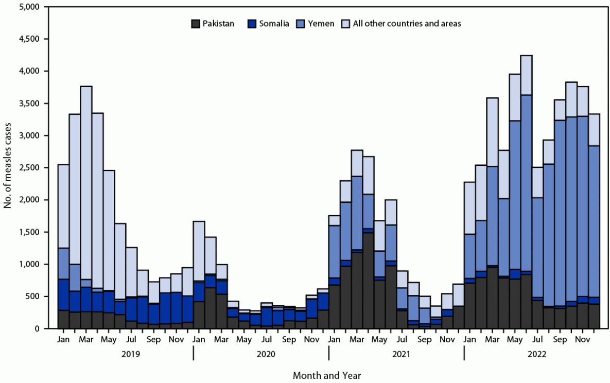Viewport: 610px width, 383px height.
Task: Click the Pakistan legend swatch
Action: [196, 23]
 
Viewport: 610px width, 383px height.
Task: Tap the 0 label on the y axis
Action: [37, 328]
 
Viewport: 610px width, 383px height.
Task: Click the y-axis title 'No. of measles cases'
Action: [8, 168]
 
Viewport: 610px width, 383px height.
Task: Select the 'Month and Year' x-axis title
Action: [327, 375]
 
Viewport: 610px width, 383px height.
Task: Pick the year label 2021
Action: [396, 354]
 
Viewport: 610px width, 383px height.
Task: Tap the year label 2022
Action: [532, 354]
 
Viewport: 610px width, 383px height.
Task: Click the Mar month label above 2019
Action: [86, 340]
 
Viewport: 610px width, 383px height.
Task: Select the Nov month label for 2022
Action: [582, 340]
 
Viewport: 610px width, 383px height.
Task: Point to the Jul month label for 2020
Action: [266, 340]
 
